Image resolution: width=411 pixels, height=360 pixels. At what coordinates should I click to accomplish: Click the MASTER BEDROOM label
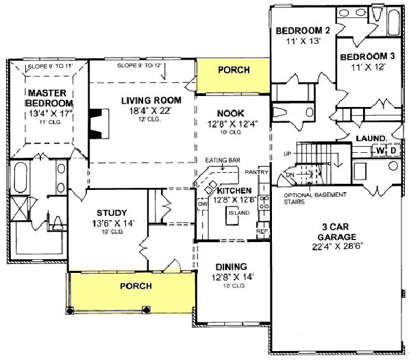(x=47, y=97)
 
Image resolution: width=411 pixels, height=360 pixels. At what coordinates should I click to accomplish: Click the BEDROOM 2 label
(x=303, y=31)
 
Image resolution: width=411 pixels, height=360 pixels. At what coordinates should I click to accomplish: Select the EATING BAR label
(x=222, y=160)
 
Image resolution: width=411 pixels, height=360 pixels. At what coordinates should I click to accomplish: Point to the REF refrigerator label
(x=262, y=232)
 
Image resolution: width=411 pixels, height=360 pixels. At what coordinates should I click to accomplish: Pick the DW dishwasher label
(x=202, y=204)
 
